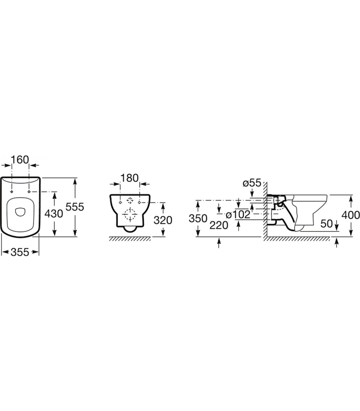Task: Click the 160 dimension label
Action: click(x=20, y=160)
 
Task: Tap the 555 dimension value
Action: click(x=75, y=207)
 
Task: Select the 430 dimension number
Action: click(x=54, y=213)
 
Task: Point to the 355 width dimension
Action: click(x=20, y=252)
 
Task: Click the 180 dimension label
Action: click(x=130, y=178)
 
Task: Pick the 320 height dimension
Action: click(x=163, y=220)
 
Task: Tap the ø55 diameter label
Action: click(x=252, y=183)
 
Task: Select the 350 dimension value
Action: click(x=198, y=218)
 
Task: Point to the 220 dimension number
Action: click(x=219, y=225)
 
